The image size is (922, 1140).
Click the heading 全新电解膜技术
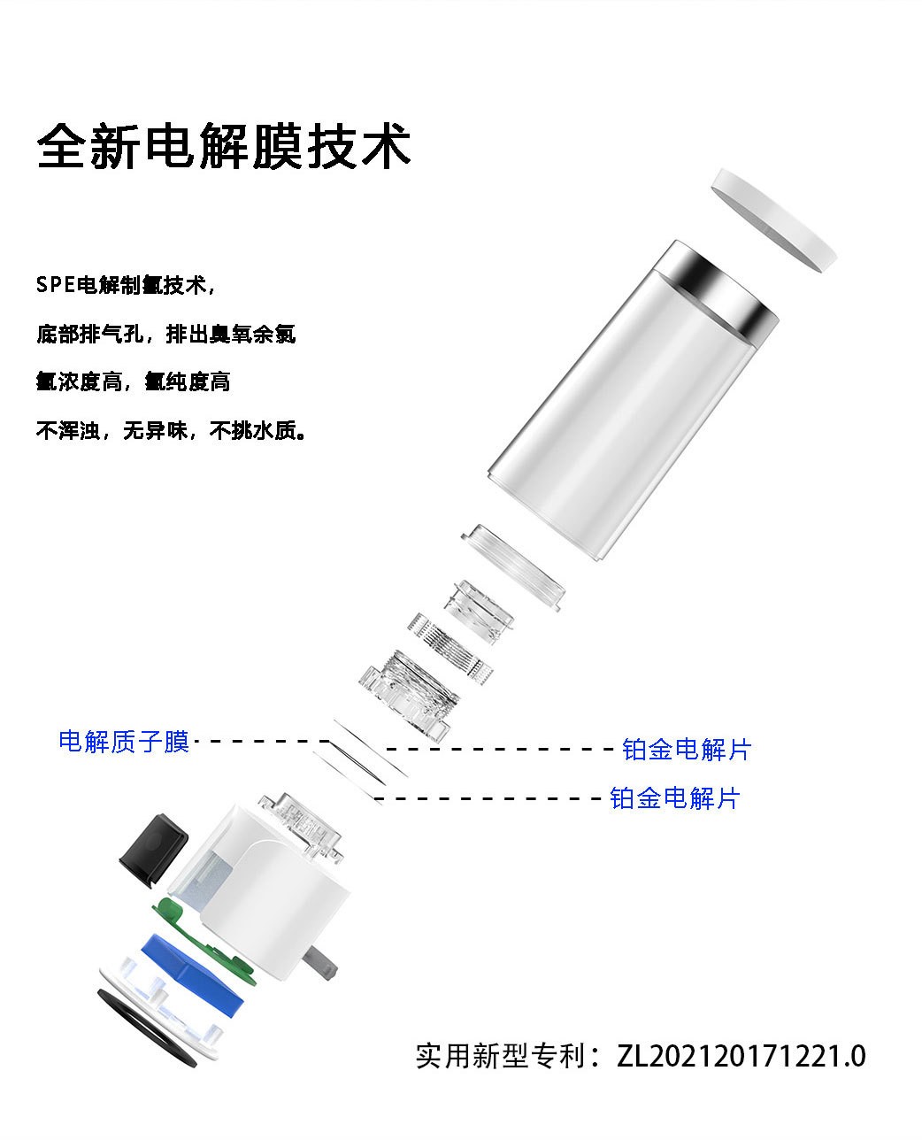click(224, 146)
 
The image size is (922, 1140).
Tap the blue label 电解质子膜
click(124, 742)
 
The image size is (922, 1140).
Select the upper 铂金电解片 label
click(687, 749)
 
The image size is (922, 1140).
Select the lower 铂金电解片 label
click(675, 798)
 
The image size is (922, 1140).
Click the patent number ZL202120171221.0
click(741, 1056)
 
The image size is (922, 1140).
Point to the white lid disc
click(773, 220)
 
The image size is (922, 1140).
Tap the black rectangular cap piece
click(153, 851)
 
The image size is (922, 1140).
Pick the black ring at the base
click(146, 1028)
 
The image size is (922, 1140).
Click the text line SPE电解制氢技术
click(126, 285)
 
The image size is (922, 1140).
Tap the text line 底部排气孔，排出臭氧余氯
click(165, 334)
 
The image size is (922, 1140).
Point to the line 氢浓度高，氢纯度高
click(134, 381)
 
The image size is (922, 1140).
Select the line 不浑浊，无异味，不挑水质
click(172, 430)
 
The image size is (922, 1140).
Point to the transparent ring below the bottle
click(512, 567)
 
